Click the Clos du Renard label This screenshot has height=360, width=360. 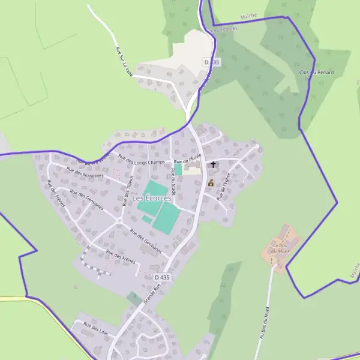click(316, 73)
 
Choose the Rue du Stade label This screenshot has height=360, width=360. click(174, 179)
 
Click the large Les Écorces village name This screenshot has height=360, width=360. click(151, 198)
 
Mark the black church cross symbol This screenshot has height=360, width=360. click(213, 164)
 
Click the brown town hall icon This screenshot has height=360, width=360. click(211, 182)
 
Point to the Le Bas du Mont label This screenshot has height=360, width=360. click(280, 248)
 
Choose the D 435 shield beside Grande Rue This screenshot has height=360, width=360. click(162, 277)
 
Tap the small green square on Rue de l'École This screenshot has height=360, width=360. click(178, 170)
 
